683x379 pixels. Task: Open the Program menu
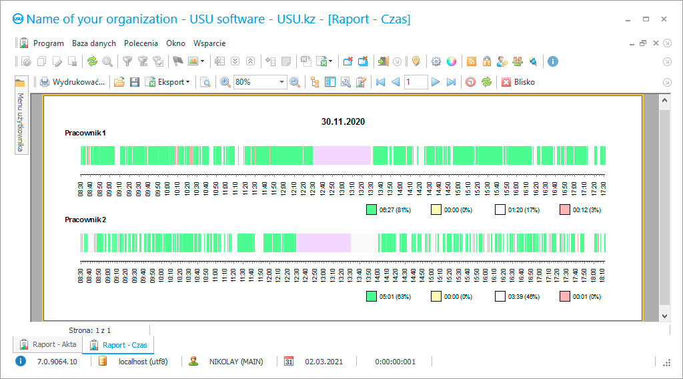tap(48, 43)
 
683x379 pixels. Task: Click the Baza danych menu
tap(94, 43)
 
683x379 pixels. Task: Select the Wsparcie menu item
tap(209, 43)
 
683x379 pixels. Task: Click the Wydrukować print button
tap(73, 82)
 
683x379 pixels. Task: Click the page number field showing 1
tap(416, 82)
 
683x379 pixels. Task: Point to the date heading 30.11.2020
tap(343, 122)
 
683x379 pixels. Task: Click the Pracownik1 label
tap(85, 133)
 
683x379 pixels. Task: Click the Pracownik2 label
tap(85, 220)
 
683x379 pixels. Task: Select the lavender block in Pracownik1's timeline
tap(342, 155)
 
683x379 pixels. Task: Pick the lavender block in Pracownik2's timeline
tap(323, 242)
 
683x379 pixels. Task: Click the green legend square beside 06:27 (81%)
tap(372, 210)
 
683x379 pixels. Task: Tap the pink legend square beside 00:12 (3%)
tap(564, 210)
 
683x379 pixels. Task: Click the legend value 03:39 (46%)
tap(524, 296)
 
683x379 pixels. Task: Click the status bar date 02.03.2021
tap(323, 362)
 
